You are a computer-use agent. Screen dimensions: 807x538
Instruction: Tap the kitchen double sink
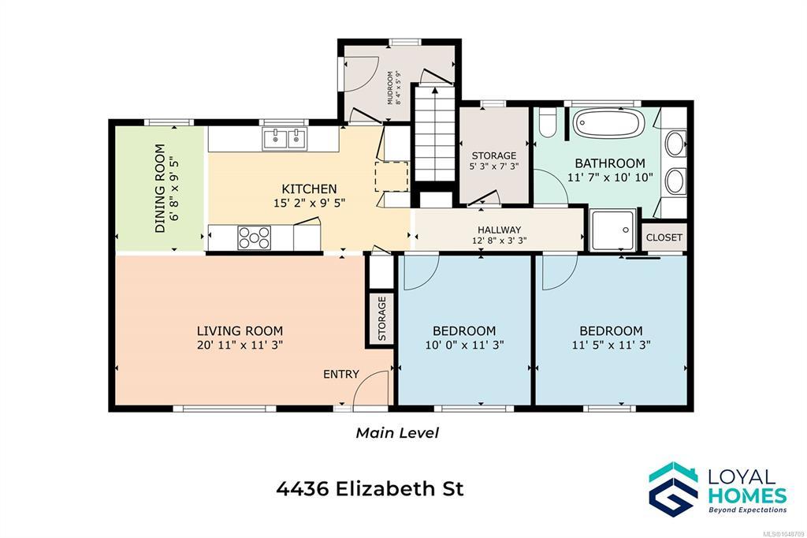(284, 139)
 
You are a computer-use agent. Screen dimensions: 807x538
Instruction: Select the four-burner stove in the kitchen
(255, 237)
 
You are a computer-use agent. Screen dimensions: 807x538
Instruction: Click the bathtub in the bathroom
(609, 123)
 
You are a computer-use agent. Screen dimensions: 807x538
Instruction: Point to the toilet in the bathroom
(548, 122)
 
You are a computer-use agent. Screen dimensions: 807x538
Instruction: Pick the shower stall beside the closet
(612, 230)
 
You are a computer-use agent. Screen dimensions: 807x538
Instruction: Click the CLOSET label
(664, 237)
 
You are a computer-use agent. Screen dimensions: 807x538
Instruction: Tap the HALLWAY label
(499, 230)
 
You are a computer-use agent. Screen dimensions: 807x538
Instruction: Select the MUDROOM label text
(390, 88)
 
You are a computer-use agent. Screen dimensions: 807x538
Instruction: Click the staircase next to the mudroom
(435, 133)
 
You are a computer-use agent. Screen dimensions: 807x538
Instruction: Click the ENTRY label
(340, 374)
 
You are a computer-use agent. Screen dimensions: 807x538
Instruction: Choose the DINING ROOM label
(161, 188)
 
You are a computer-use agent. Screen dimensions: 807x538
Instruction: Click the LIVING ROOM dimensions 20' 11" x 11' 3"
(240, 345)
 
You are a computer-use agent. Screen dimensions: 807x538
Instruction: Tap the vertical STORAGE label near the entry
(382, 319)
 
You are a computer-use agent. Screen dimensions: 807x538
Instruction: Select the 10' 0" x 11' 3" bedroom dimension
(464, 345)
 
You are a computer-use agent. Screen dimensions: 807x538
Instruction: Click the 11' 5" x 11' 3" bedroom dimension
(612, 345)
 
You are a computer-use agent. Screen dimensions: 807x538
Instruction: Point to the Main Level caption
(397, 432)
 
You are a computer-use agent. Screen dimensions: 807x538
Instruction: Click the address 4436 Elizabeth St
(370, 488)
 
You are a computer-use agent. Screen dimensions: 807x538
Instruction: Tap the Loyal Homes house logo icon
(673, 488)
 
